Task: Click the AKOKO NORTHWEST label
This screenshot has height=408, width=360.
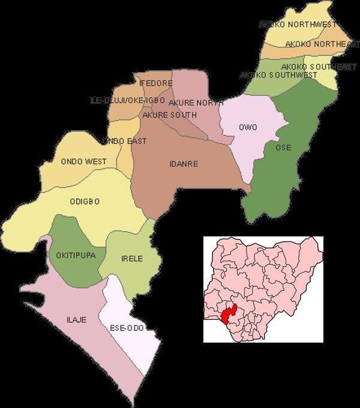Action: tap(296, 25)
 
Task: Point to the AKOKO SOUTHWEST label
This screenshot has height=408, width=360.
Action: tap(278, 75)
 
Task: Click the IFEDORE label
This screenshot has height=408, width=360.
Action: tap(157, 83)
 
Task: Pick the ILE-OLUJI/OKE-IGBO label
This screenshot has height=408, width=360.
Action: tap(127, 100)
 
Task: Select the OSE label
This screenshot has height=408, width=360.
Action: tap(283, 148)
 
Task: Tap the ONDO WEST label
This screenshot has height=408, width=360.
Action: tap(83, 161)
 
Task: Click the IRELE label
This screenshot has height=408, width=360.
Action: tap(132, 259)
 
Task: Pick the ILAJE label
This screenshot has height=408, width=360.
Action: tap(76, 320)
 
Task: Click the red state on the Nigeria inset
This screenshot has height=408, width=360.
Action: tap(228, 314)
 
